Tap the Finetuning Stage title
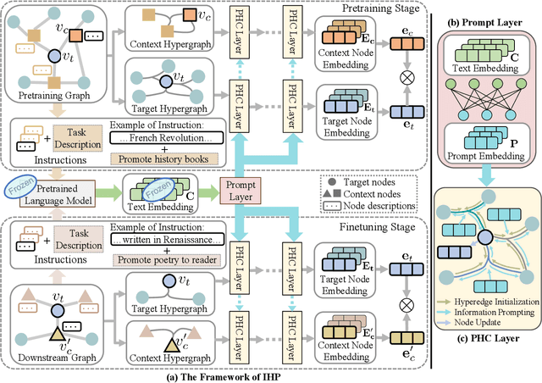(380, 227)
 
